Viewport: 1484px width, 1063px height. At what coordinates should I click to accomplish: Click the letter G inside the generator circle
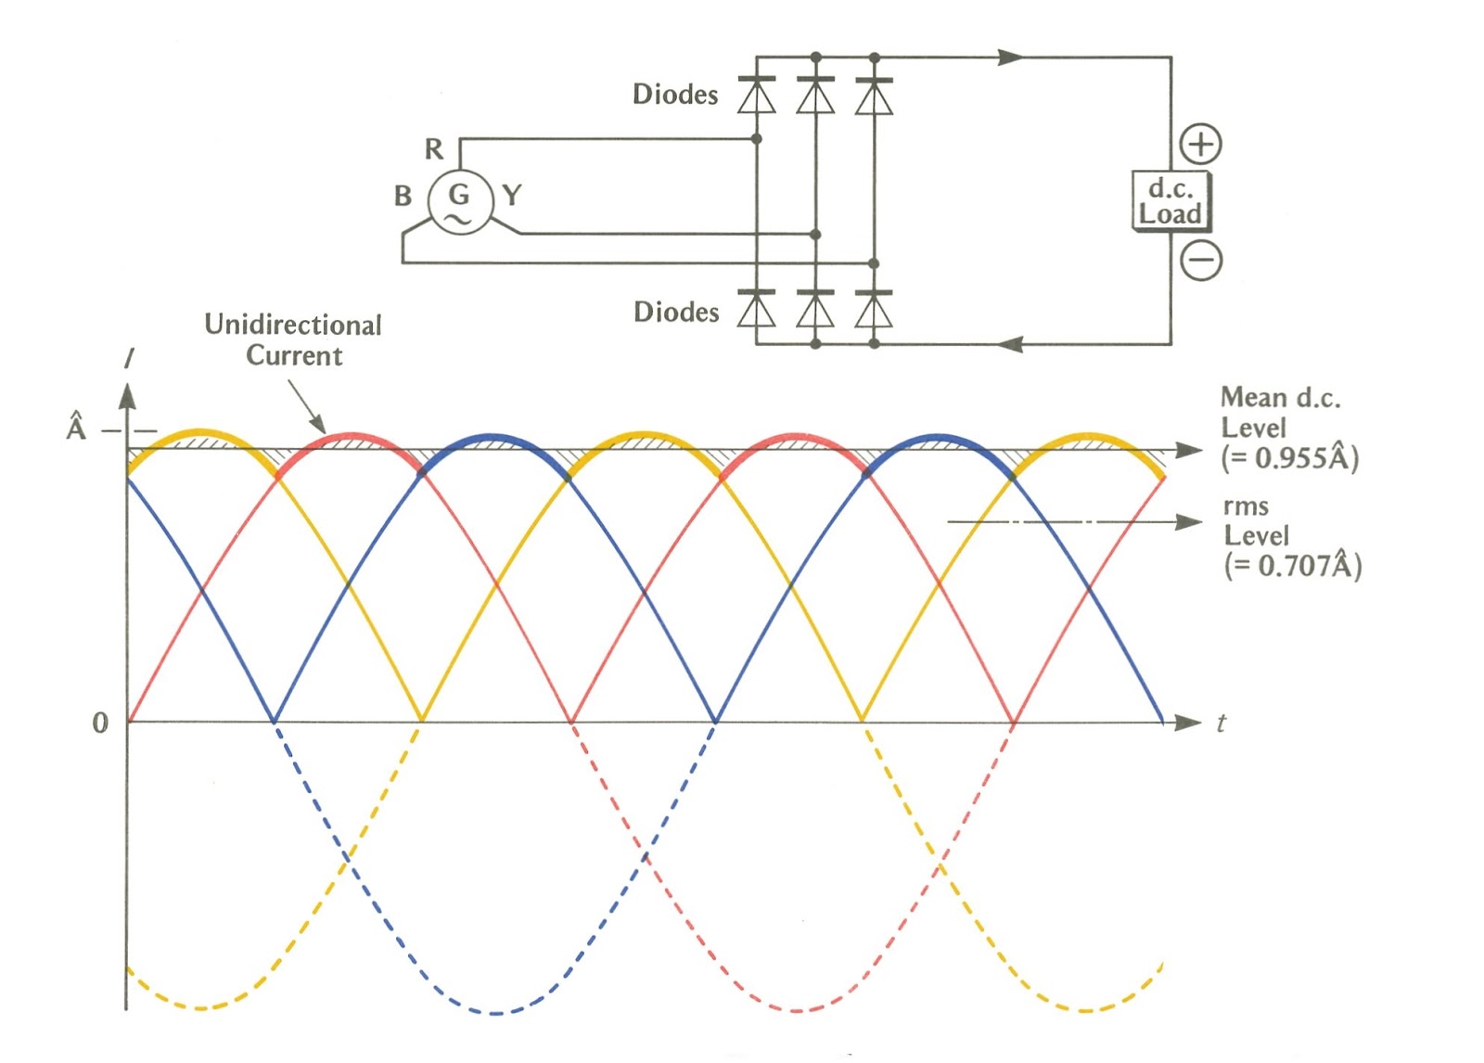coord(458,194)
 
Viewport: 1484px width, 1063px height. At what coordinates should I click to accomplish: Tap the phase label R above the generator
coord(434,149)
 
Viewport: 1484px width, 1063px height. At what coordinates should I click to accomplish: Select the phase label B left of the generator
coord(403,196)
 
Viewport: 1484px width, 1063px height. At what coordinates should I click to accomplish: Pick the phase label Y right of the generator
coord(512,195)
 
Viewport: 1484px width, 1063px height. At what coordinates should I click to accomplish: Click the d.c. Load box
coord(1171,201)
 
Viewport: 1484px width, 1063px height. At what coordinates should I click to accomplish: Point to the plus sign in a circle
coord(1200,144)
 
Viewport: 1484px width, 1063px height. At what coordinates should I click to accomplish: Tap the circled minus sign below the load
coord(1201,259)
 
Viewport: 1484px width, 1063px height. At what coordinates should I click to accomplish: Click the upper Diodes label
coord(675,94)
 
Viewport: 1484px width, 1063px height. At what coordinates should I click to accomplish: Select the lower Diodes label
coord(676,312)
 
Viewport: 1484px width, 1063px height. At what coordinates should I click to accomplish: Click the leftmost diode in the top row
coord(757,96)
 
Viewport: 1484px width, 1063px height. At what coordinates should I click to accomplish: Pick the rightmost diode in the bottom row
coord(874,309)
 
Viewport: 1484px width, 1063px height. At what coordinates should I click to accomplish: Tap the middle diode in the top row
coord(815,96)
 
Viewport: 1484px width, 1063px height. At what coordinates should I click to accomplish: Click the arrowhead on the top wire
coord(1011,57)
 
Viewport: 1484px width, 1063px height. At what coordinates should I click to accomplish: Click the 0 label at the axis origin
coord(100,723)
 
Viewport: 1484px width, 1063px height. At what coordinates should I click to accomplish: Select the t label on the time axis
coord(1221,723)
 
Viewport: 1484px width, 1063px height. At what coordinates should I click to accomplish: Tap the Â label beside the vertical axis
coord(76,426)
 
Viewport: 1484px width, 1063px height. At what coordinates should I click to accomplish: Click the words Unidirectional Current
coord(293,340)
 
